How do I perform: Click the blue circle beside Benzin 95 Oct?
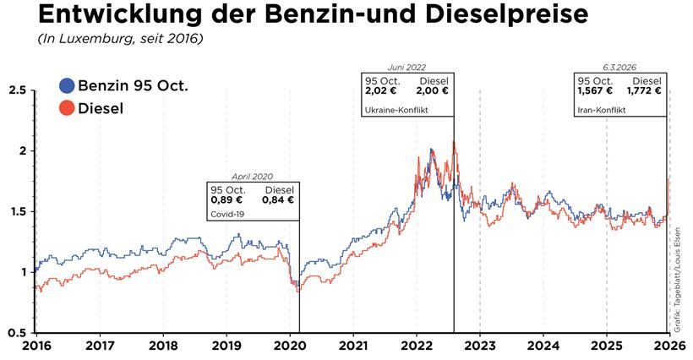click(x=67, y=85)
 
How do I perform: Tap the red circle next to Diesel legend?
click(x=67, y=108)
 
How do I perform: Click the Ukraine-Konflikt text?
click(x=396, y=111)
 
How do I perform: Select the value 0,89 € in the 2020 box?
click(x=226, y=200)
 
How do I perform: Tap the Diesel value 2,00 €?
click(x=432, y=91)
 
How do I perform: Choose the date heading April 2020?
click(x=254, y=177)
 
